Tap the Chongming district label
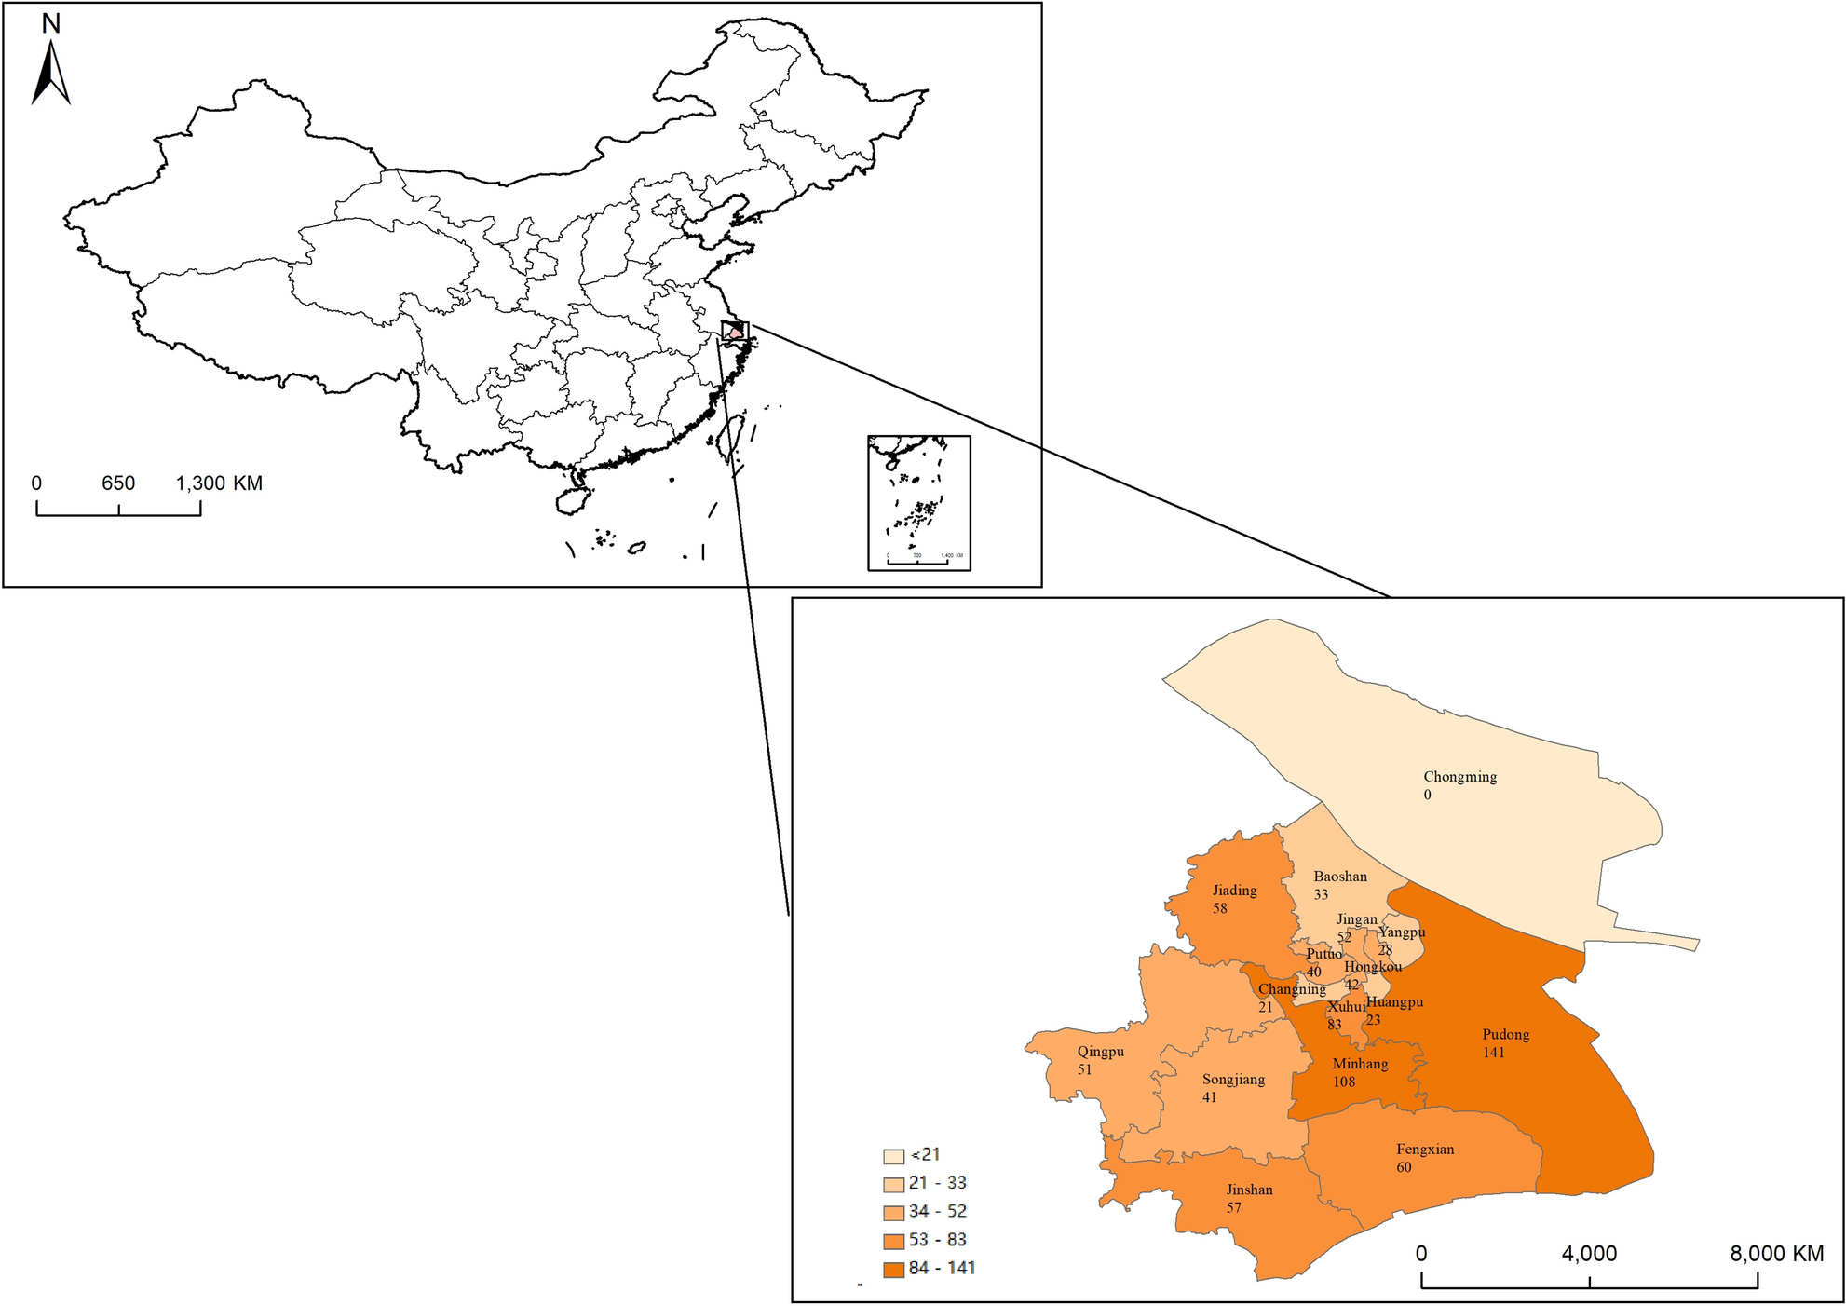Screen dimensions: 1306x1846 tap(1459, 777)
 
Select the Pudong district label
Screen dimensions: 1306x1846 tap(1505, 1034)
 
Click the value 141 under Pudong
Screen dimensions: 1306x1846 tap(1494, 1053)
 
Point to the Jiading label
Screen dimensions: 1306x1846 tap(1234, 891)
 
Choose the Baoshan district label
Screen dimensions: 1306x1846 tap(1340, 877)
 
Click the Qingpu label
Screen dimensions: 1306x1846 tap(1100, 1052)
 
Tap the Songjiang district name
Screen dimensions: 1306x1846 tap(1233, 1080)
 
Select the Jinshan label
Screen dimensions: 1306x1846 tap(1249, 1190)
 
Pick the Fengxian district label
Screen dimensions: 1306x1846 tap(1425, 1150)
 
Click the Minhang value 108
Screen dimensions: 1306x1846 tap(1344, 1082)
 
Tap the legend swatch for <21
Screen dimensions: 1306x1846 tap(893, 1156)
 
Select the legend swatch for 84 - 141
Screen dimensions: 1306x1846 tap(893, 1270)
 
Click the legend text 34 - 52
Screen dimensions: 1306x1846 tap(938, 1211)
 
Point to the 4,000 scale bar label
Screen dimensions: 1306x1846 tap(1589, 1254)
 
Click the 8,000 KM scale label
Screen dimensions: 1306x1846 tap(1776, 1254)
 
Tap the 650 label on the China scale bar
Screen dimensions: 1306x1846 tap(118, 483)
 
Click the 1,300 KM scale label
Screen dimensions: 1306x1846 tap(219, 483)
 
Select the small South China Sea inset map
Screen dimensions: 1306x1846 tap(918, 502)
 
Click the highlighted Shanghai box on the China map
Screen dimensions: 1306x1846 tap(735, 331)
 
